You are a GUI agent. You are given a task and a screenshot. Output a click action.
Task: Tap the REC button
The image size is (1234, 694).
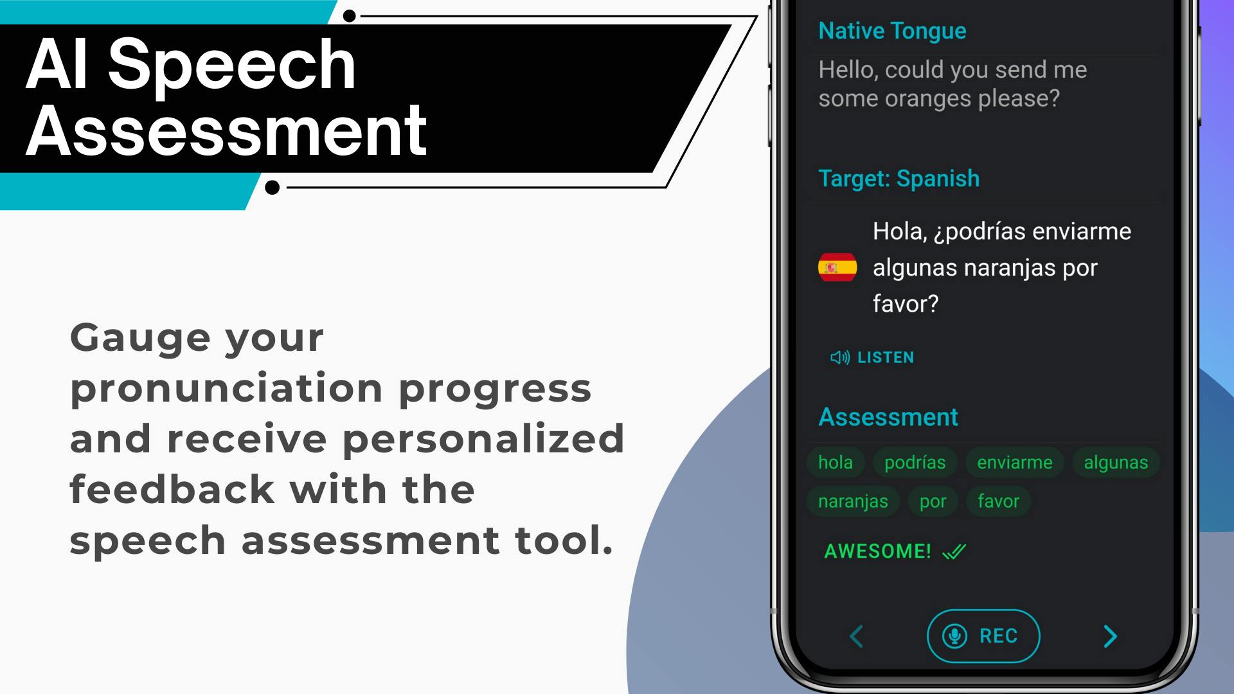coord(983,636)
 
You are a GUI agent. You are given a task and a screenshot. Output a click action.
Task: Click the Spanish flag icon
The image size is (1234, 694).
coord(837,267)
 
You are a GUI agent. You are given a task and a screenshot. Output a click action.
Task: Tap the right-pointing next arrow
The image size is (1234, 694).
coord(1110,636)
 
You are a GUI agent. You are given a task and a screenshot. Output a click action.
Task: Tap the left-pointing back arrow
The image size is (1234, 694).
coord(856,636)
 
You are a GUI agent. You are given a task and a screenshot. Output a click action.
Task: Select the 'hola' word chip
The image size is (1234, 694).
coord(836,463)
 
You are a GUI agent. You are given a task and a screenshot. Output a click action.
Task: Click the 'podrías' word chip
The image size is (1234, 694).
coord(915,463)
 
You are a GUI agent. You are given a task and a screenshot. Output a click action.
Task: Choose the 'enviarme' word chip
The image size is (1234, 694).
coord(1014,463)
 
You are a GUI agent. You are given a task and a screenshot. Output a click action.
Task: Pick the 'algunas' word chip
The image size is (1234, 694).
coord(1116,463)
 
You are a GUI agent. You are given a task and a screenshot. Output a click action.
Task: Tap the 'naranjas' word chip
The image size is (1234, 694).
coord(853,501)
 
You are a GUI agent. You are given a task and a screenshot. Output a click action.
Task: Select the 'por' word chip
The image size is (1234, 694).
coord(933,501)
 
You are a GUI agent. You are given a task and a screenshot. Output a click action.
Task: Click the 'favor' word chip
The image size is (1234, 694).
coord(998,501)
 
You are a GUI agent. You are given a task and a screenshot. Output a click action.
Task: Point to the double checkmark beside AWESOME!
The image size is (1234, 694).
coord(954,551)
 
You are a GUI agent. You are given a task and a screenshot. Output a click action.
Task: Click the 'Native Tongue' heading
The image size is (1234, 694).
coord(892,31)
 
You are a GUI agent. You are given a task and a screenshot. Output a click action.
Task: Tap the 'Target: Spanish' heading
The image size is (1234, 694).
coord(899,179)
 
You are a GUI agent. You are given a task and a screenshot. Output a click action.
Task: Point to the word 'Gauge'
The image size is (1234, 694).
coord(140,339)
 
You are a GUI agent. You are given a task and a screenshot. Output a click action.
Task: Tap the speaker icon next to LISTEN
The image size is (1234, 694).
coord(840,357)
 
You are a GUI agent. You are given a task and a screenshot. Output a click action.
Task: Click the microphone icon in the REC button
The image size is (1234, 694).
coord(954,636)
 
